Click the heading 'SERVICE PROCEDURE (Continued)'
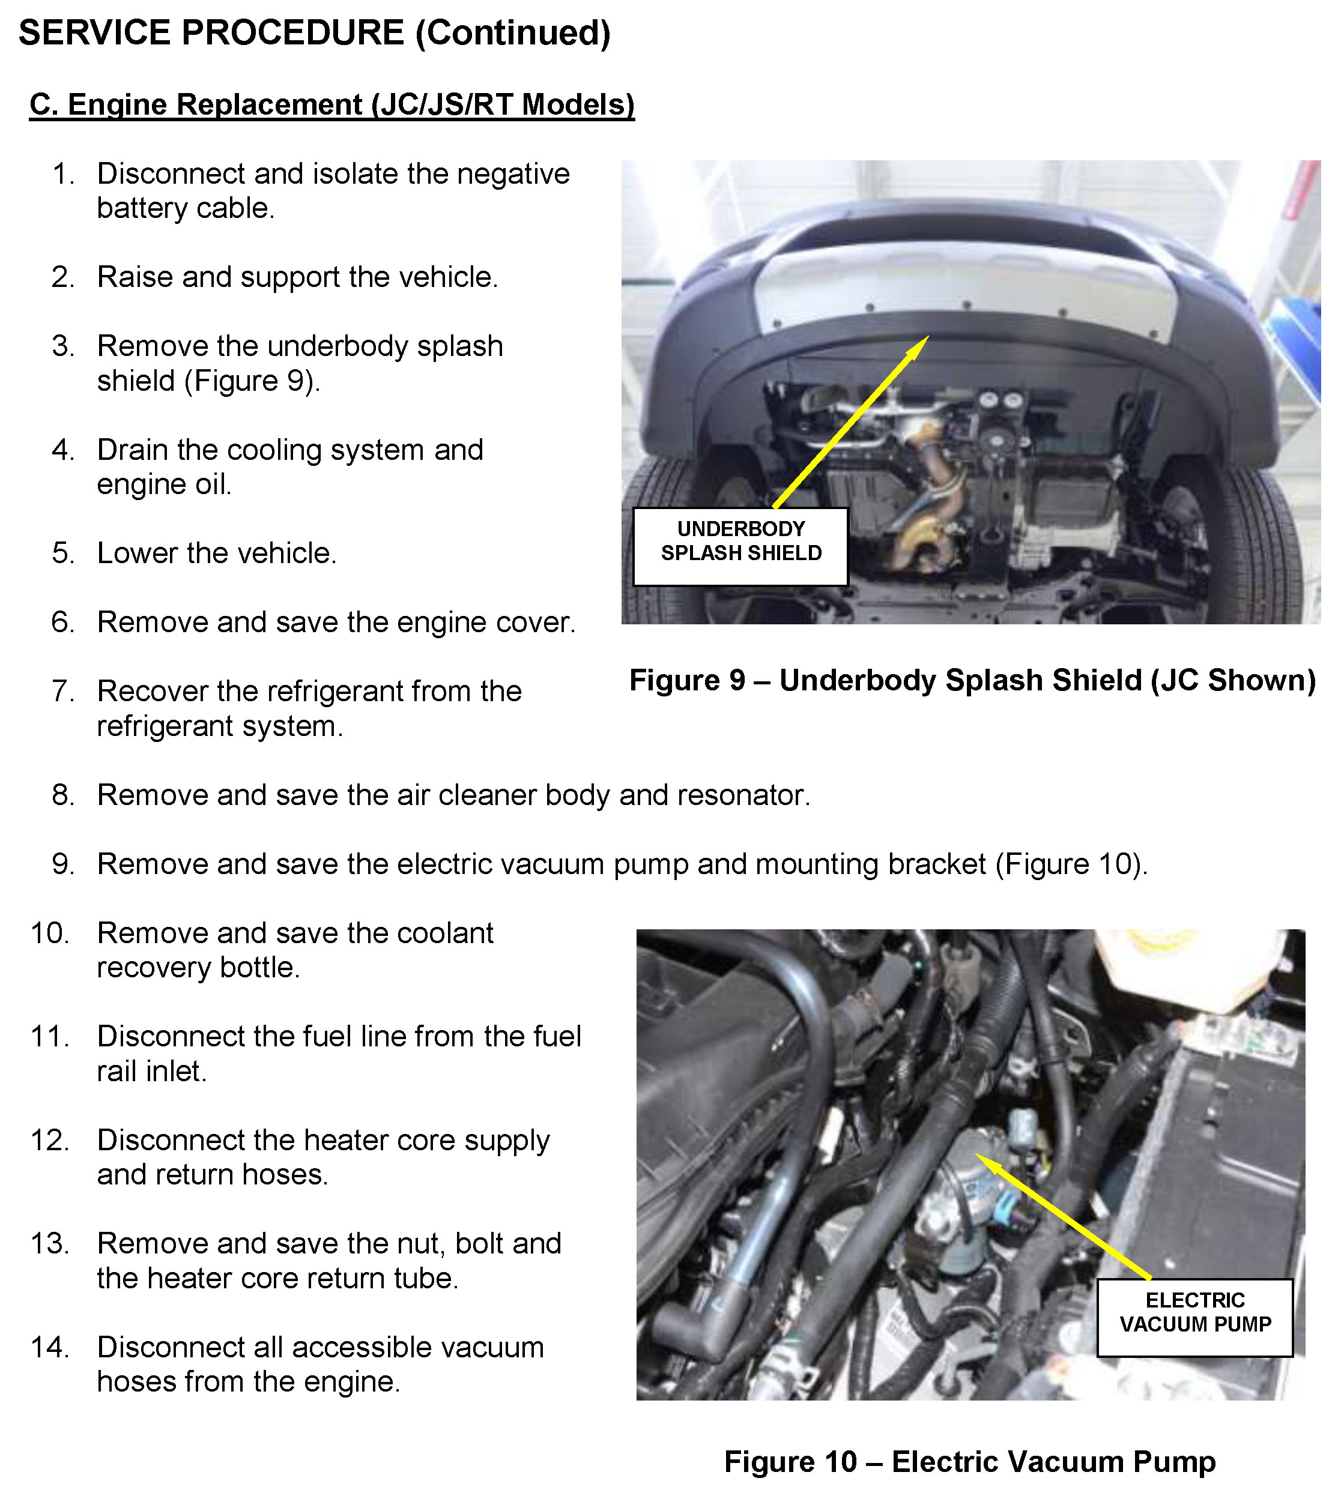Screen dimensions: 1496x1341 315,33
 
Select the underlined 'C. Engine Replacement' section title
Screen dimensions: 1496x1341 331,104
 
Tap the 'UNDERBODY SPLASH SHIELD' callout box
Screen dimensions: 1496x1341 740,546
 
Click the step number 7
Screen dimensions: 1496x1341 62,692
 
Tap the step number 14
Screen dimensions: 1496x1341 50,1347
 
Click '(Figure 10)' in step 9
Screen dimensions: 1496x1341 1071,864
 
